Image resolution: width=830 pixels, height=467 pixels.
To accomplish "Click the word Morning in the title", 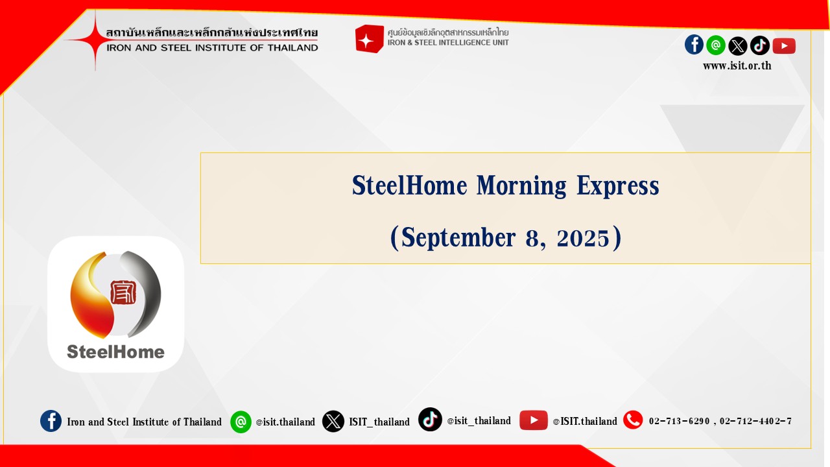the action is point(521,186).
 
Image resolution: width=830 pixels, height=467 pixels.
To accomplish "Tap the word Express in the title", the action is point(618,186).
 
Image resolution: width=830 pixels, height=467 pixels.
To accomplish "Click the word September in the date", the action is point(458,238).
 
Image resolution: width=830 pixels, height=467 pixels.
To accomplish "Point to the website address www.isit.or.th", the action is point(737,66).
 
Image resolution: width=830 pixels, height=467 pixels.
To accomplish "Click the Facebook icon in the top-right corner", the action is point(694,45).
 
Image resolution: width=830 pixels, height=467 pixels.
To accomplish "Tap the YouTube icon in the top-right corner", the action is point(784,46).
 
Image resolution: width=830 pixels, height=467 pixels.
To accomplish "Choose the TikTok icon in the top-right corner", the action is point(760,45).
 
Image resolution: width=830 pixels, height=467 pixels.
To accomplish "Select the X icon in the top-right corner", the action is point(738,46).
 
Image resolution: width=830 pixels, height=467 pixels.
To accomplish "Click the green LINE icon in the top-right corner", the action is point(716,45).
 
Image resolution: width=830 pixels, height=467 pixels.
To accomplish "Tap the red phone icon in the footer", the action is point(633,420).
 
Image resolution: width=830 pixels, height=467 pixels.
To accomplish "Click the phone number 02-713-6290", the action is point(679,422).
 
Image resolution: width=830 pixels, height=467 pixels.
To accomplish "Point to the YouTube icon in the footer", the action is point(534,420).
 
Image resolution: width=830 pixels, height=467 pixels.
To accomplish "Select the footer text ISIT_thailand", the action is point(379,422).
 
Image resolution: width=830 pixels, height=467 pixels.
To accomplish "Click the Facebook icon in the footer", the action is point(51,421).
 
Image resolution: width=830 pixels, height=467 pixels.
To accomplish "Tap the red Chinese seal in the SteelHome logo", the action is point(123,292).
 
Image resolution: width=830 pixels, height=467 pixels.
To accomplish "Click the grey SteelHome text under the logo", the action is point(115,352).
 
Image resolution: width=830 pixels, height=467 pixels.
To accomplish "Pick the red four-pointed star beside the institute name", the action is point(95,40).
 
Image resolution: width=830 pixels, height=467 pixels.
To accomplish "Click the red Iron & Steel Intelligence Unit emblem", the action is point(369,38).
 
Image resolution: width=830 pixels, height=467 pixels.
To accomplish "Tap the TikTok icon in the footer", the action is point(430,419).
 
